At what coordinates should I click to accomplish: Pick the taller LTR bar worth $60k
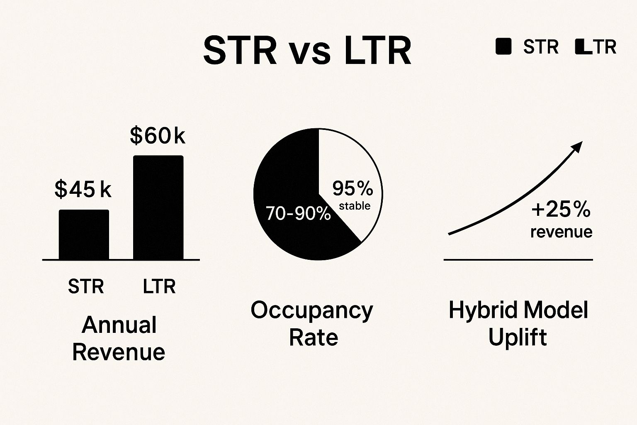158,208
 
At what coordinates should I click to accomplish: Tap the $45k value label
83,189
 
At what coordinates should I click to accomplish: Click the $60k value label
157,135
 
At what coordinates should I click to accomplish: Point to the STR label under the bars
86,286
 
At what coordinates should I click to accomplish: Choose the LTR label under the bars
159,286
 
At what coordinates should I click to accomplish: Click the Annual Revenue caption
119,338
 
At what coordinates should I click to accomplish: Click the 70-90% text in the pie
298,213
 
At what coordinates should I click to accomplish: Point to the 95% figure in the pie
353,188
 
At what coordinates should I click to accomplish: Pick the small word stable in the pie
355,206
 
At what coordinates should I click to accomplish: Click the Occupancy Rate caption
312,324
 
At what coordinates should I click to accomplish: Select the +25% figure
561,209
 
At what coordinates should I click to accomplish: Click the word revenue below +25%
561,232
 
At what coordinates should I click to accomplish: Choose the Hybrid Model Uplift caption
518,324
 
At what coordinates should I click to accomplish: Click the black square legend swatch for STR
503,46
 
